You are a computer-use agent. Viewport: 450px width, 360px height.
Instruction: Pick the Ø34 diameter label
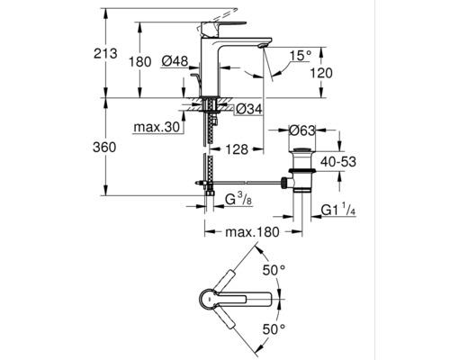tap(248, 110)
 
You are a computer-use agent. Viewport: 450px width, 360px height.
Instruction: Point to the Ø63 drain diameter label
tap(305, 130)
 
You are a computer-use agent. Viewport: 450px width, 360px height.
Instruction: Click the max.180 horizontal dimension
tap(248, 232)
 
